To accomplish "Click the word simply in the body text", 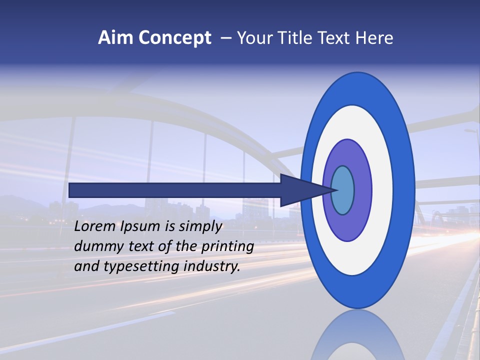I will pos(200,227).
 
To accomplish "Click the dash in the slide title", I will pos(226,38).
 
